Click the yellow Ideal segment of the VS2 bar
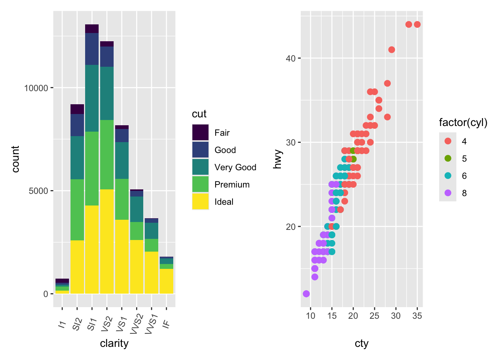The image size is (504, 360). pyautogui.click(x=107, y=241)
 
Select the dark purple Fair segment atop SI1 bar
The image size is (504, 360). pyautogui.click(x=92, y=29)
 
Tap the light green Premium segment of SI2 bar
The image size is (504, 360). pyautogui.click(x=77, y=210)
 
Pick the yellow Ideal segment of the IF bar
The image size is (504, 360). pyautogui.click(x=166, y=281)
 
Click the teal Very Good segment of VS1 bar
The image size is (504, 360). pyautogui.click(x=122, y=160)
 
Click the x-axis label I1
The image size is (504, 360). pyautogui.click(x=62, y=324)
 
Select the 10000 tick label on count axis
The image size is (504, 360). pyautogui.click(x=36, y=88)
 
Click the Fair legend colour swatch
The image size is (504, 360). pyautogui.click(x=200, y=133)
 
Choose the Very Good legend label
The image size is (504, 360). pyautogui.click(x=235, y=167)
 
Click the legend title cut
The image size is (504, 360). pyautogui.click(x=199, y=114)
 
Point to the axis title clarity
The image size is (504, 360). pyautogui.click(x=114, y=343)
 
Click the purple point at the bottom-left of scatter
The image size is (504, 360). pyautogui.click(x=306, y=294)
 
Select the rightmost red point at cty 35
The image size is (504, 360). pyautogui.click(x=417, y=25)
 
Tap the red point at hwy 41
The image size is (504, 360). pyautogui.click(x=391, y=50)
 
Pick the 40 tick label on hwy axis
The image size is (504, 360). pyautogui.click(x=291, y=58)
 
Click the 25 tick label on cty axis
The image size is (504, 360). pyautogui.click(x=374, y=316)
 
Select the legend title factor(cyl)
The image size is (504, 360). pyautogui.click(x=463, y=123)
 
